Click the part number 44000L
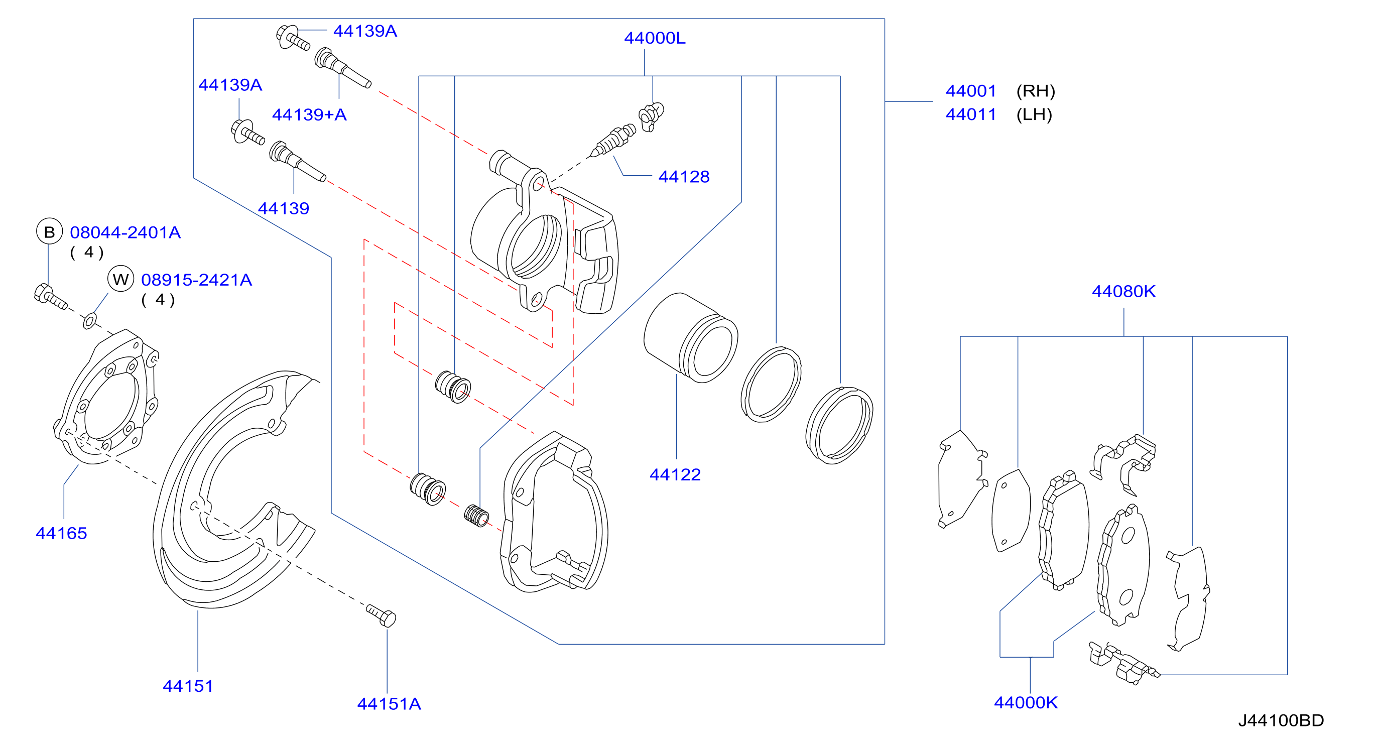654,38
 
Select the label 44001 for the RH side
971,91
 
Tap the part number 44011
971,114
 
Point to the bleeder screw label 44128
684,177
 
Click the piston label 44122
675,474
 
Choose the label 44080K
1123,291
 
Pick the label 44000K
1026,703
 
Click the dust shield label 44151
188,686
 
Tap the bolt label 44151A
389,704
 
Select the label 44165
61,533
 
